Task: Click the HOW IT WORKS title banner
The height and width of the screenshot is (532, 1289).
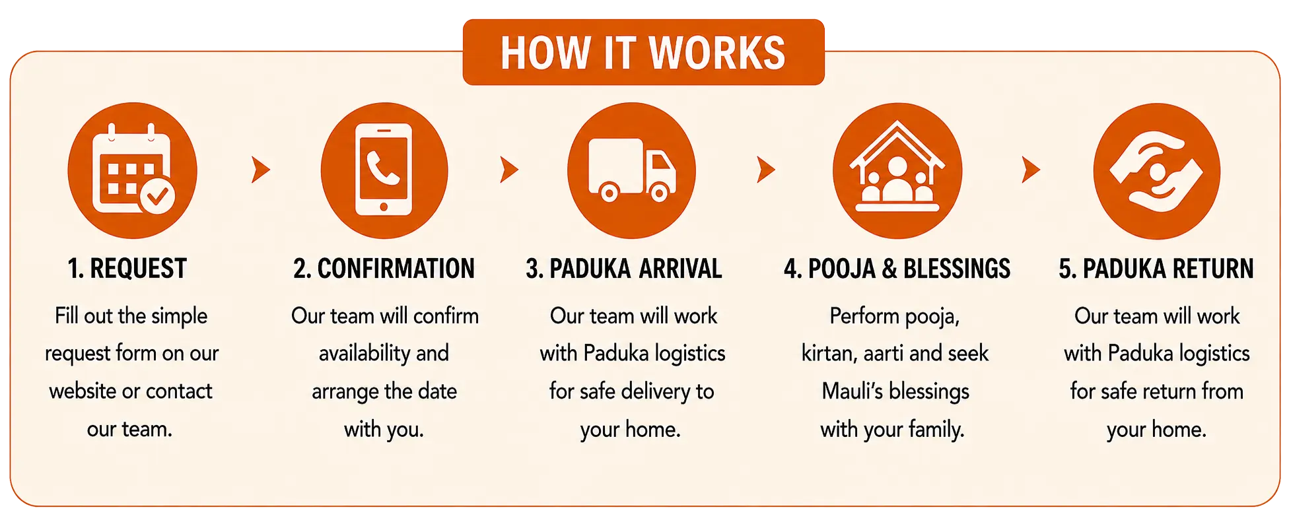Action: [643, 52]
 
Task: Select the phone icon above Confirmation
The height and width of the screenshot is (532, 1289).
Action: [384, 170]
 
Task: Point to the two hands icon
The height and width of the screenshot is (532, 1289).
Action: [1156, 171]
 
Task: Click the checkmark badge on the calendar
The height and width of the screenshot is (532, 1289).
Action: [157, 195]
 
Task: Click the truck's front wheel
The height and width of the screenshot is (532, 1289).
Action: [658, 193]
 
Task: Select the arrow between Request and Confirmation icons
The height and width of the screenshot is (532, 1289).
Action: [260, 170]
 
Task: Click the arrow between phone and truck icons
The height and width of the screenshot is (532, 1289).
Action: [508, 170]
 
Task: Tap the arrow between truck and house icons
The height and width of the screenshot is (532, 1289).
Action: [765, 170]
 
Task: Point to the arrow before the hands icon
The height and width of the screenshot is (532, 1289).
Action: [1030, 170]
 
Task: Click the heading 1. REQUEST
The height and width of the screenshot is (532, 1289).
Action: [127, 269]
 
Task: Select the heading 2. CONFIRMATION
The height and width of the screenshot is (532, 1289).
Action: [384, 269]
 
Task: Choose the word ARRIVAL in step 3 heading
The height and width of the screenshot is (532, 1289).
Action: [680, 269]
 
